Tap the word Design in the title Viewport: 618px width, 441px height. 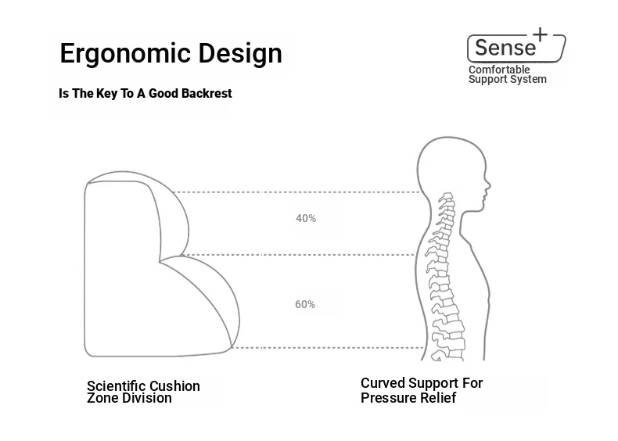240,54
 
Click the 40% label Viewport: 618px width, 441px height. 306,218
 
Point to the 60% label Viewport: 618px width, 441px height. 305,304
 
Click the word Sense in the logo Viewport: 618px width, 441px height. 505,48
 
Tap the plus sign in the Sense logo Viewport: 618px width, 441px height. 541,34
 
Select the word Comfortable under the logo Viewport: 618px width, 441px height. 499,70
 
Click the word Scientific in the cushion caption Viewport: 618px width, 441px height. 115,385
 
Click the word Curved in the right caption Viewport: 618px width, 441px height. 383,383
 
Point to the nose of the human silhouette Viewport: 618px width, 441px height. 490,184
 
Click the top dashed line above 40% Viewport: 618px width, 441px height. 298,192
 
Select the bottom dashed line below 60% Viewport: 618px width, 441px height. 327,348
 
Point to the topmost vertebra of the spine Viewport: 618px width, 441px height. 447,195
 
